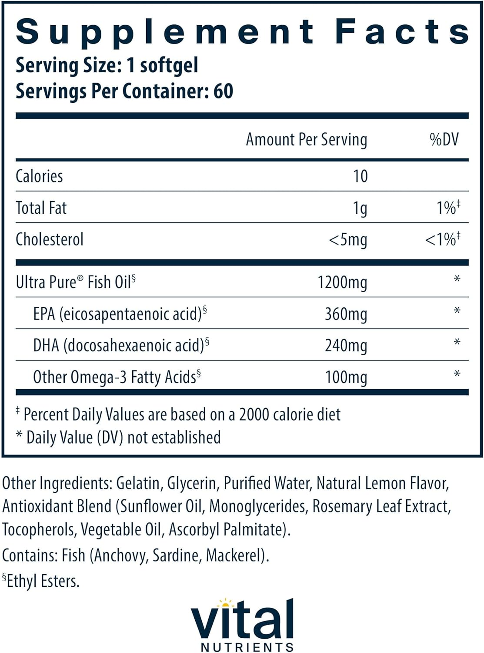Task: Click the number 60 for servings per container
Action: click(223, 91)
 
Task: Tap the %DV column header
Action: click(444, 139)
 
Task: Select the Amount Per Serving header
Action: click(306, 140)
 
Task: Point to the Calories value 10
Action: click(360, 176)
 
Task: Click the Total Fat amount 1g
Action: click(360, 208)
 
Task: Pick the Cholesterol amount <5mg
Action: click(348, 240)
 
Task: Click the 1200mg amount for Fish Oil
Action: click(342, 283)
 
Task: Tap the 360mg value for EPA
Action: click(346, 314)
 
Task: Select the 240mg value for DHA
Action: click(346, 346)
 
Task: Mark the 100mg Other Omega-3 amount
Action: click(346, 377)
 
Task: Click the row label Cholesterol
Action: click(50, 239)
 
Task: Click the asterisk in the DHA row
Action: click(457, 343)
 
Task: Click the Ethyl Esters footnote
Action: click(42, 581)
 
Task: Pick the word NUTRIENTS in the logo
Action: click(247, 647)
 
